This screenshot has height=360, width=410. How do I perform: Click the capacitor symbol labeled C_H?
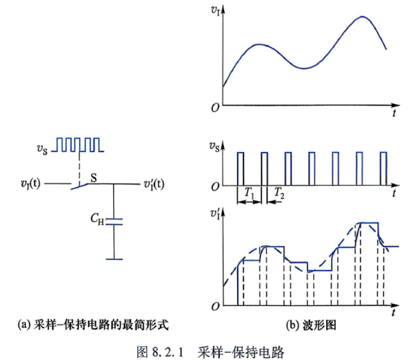pyautogui.click(x=114, y=221)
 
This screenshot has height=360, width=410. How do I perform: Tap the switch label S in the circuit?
pyautogui.click(x=93, y=178)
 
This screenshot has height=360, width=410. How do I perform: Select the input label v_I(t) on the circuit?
pyautogui.click(x=30, y=184)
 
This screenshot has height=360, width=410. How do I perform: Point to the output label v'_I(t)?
pyautogui.click(x=154, y=184)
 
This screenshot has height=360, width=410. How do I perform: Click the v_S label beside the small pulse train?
pyautogui.click(x=42, y=149)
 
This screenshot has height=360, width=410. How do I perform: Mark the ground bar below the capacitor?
pyautogui.click(x=114, y=259)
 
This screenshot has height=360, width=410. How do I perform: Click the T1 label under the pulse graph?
pyautogui.click(x=249, y=193)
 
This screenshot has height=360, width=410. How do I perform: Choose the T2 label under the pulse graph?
pyautogui.click(x=279, y=193)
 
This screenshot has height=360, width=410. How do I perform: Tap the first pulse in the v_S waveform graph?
pyautogui.click(x=240, y=169)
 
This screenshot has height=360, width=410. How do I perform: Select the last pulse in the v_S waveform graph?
pyautogui.click(x=384, y=169)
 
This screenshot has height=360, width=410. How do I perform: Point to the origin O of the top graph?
pyautogui.click(x=215, y=108)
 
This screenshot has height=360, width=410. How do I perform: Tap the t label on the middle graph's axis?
pyautogui.click(x=394, y=193)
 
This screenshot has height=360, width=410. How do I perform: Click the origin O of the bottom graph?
pyautogui.click(x=215, y=306)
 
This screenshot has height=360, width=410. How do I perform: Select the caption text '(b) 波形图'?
pyautogui.click(x=311, y=326)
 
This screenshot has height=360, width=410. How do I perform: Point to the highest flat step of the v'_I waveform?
pyautogui.click(x=369, y=223)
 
